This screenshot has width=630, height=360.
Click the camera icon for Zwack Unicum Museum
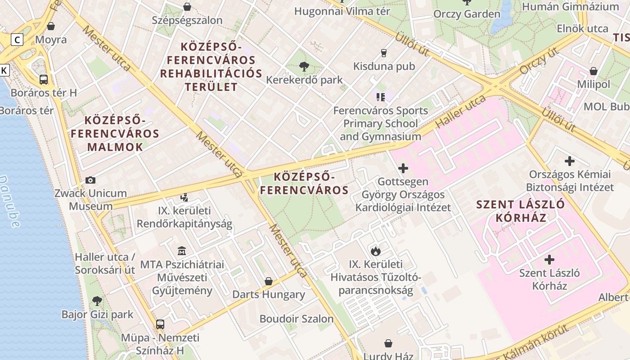[x=90, y=180]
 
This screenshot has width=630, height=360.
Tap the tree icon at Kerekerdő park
[x=304, y=67]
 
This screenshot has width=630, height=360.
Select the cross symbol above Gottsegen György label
[x=403, y=168]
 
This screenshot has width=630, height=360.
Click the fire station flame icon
[x=375, y=251]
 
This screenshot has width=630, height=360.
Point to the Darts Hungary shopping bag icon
[x=269, y=281]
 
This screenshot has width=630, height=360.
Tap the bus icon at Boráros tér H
[x=44, y=79]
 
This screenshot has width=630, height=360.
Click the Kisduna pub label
[x=384, y=67]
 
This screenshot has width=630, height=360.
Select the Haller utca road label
[x=460, y=111]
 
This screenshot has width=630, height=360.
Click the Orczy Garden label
[x=467, y=14]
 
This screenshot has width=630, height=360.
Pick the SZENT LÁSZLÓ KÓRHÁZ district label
[x=520, y=211]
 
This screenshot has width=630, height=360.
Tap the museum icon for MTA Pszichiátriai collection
[x=182, y=251]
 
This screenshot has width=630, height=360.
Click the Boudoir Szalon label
[x=297, y=319]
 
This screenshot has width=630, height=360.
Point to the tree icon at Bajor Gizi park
[x=97, y=301]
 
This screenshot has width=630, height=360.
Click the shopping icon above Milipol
[x=594, y=71]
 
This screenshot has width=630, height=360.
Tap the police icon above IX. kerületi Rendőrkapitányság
[x=184, y=197]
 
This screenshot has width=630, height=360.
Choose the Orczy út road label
[x=539, y=61]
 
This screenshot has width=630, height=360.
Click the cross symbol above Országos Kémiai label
[x=570, y=161]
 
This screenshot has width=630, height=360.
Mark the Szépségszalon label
[x=187, y=20]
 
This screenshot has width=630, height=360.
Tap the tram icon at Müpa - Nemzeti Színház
[x=160, y=324]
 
